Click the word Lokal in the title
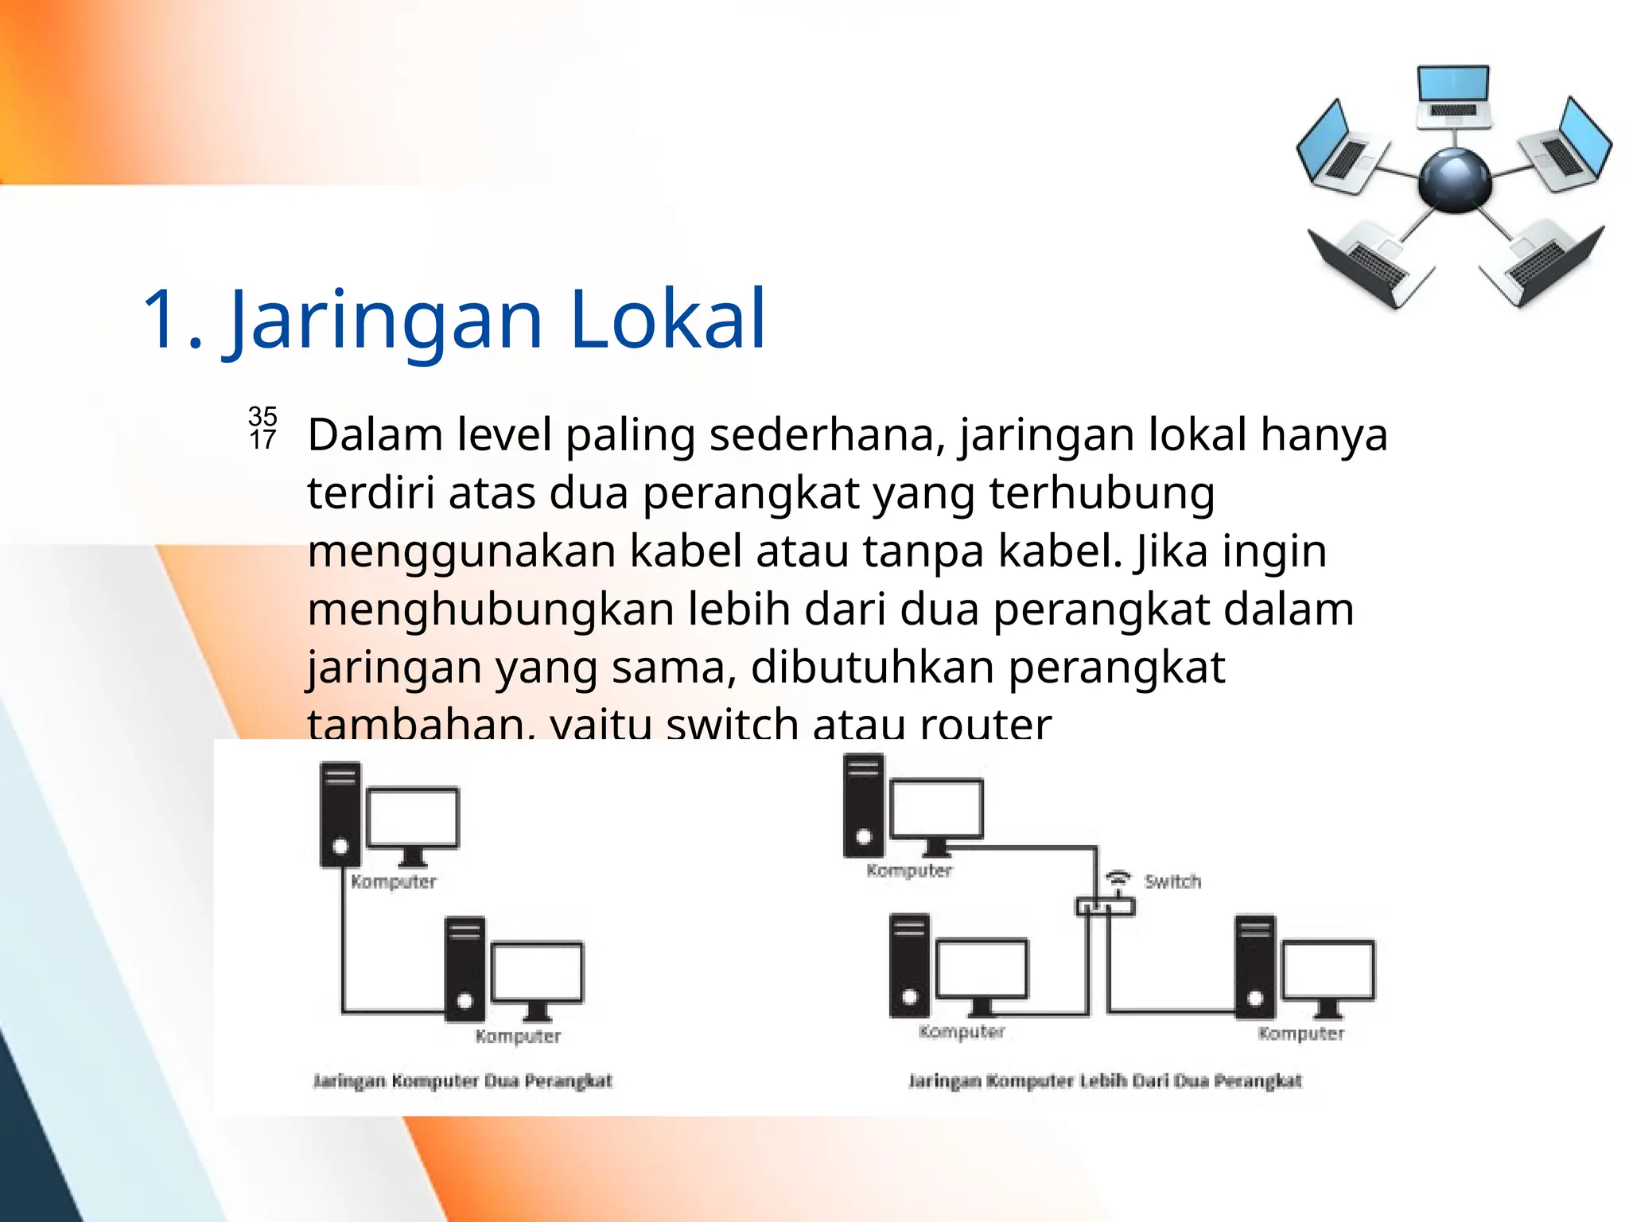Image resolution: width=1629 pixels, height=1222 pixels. pyautogui.click(x=667, y=319)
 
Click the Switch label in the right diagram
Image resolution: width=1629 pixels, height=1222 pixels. pyautogui.click(x=1172, y=881)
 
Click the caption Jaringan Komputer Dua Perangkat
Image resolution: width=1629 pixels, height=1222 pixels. pyautogui.click(x=462, y=1080)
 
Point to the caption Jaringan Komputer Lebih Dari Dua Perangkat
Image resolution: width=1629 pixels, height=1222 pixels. pyautogui.click(x=1105, y=1080)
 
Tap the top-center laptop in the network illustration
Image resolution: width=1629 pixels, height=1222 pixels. pyautogui.click(x=1452, y=96)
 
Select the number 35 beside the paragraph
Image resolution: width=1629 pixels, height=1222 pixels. pyautogui.click(x=262, y=415)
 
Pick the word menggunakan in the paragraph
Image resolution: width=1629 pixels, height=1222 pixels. pyautogui.click(x=461, y=551)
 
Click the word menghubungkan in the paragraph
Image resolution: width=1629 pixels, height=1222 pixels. pyautogui.click(x=491, y=609)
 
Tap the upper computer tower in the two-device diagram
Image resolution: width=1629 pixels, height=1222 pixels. pyautogui.click(x=340, y=813)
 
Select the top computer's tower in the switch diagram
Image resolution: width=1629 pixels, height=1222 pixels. pyautogui.click(x=864, y=804)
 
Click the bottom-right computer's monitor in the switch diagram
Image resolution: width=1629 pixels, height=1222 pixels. pyautogui.click(x=1328, y=971)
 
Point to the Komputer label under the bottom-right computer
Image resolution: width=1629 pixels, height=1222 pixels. pyautogui.click(x=1300, y=1033)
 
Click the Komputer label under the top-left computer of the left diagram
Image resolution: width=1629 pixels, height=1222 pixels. pyautogui.click(x=394, y=881)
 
